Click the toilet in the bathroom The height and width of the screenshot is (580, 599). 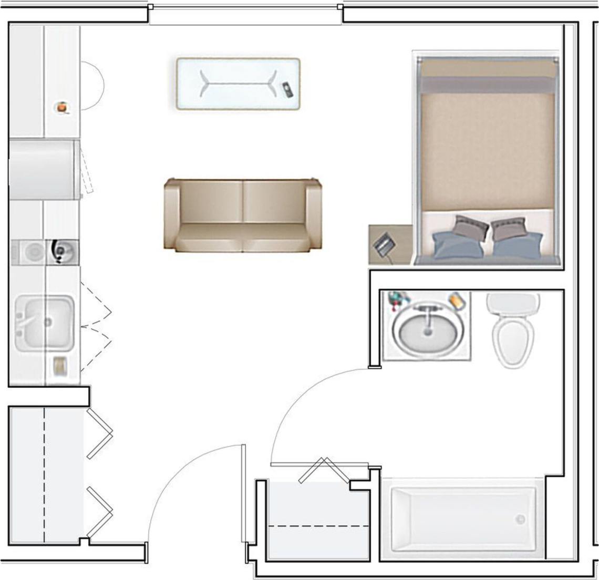tap(512, 336)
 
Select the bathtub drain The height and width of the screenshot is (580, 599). tap(520, 520)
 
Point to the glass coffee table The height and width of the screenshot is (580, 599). tap(237, 84)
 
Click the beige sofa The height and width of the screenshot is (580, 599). tap(243, 215)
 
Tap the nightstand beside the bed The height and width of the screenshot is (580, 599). tap(390, 244)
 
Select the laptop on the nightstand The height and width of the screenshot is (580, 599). tap(385, 244)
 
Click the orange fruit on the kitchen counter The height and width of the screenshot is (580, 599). tap(63, 107)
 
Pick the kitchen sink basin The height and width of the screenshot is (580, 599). tap(45, 323)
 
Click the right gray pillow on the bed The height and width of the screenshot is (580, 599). tap(509, 229)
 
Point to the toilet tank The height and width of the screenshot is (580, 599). tap(512, 303)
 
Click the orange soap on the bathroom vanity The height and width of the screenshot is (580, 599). tap(457, 301)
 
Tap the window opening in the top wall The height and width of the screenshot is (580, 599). tap(245, 15)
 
